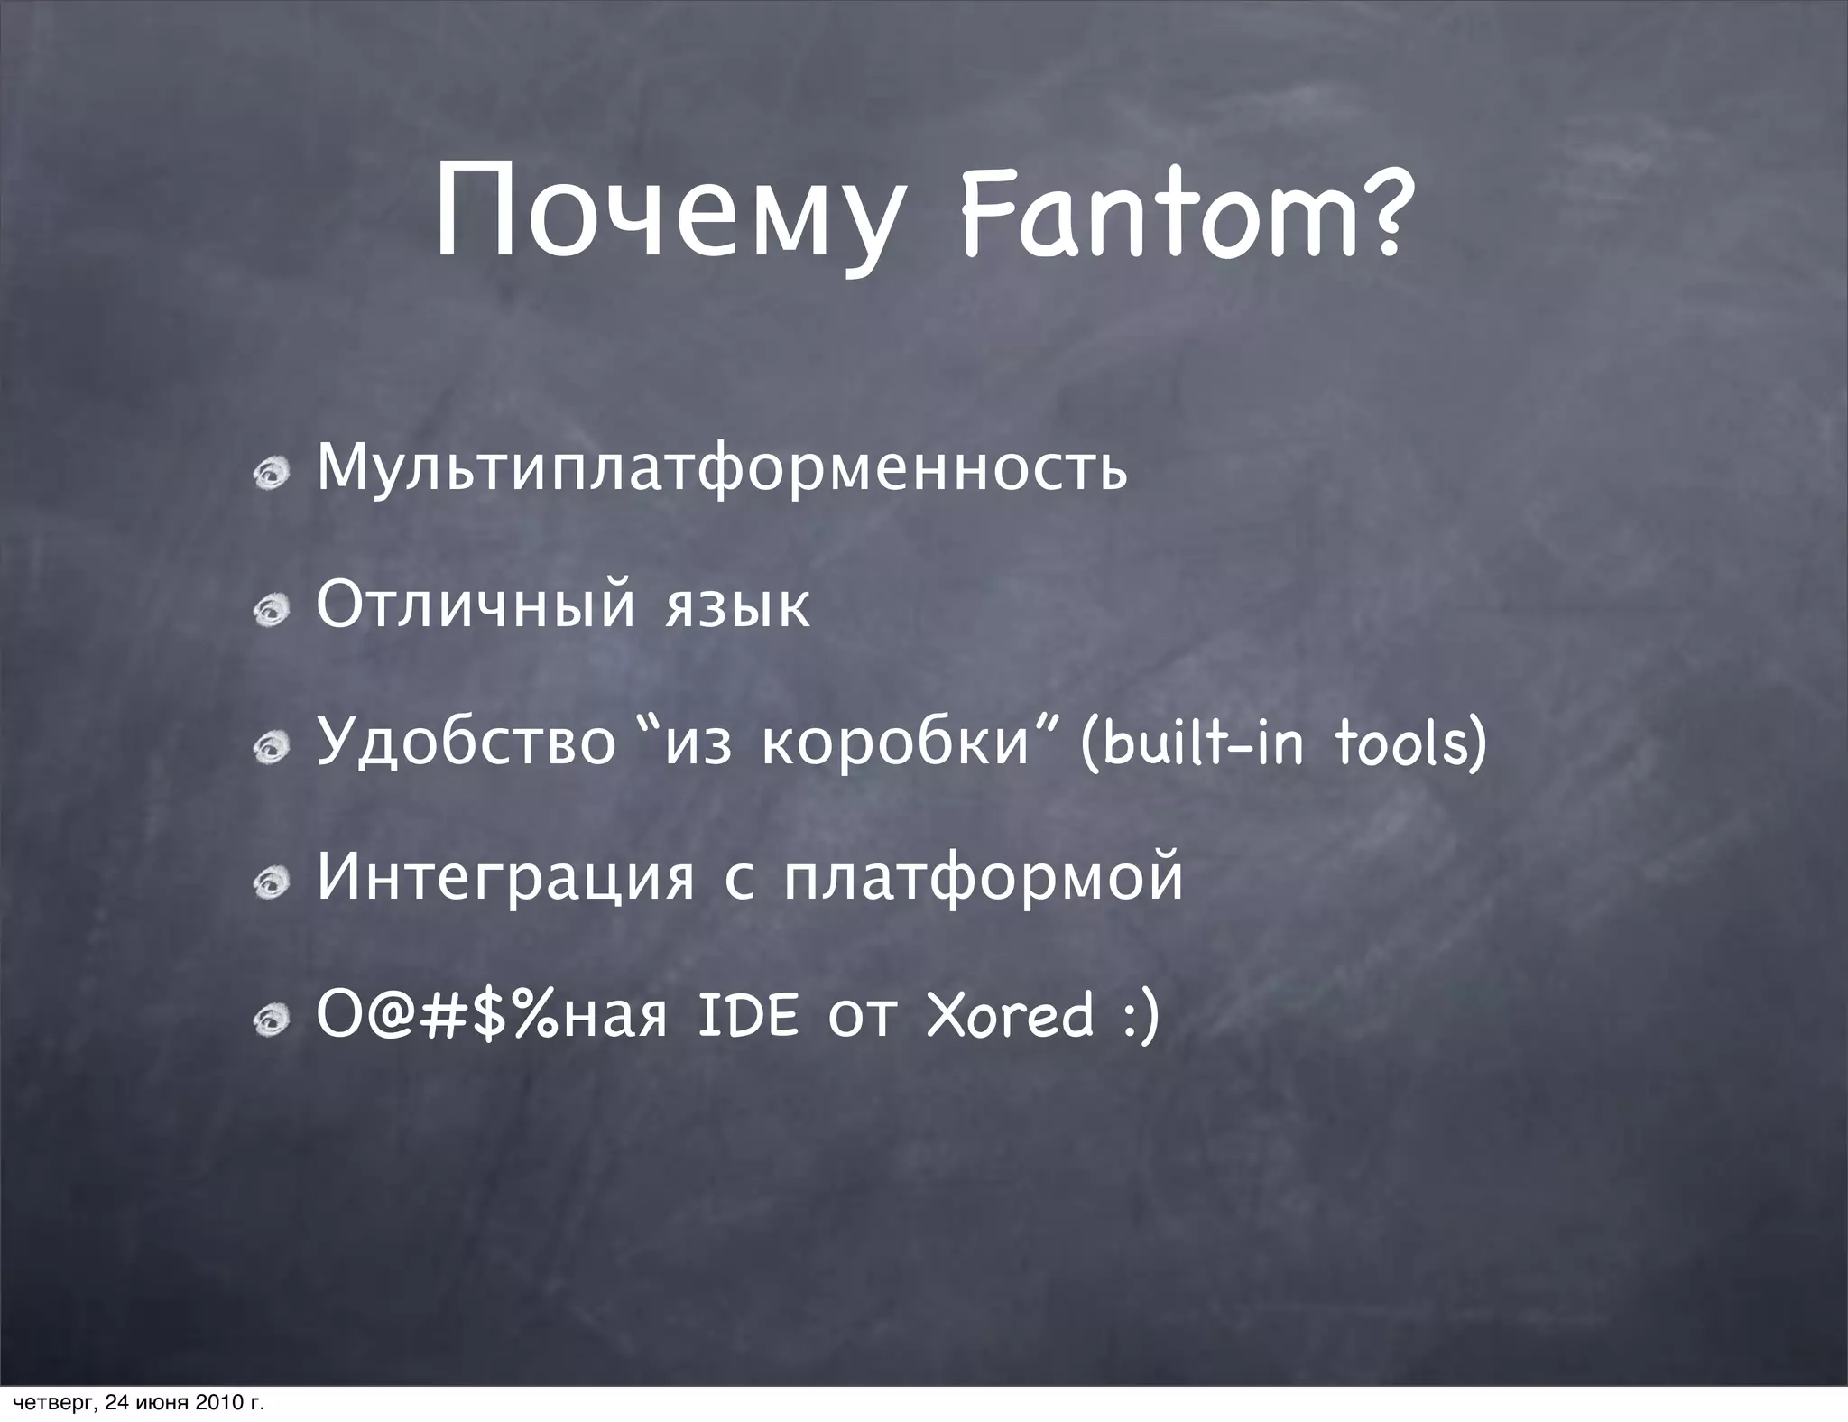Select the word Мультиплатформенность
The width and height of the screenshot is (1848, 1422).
722,469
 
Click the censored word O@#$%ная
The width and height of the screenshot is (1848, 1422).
492,1015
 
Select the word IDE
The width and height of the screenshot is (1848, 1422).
749,1015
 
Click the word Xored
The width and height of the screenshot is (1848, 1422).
1010,1015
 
